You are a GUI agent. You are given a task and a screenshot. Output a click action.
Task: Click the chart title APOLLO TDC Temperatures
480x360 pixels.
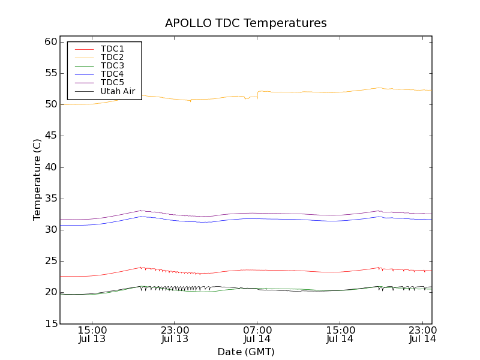tap(246, 23)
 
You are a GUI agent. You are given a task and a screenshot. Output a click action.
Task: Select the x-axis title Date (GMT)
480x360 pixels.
tap(246, 352)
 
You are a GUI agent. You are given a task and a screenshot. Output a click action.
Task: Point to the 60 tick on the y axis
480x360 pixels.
tap(50, 42)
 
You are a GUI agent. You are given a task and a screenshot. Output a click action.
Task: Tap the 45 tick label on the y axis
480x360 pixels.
tap(50, 136)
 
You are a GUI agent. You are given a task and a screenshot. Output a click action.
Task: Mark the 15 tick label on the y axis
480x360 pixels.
tap(50, 323)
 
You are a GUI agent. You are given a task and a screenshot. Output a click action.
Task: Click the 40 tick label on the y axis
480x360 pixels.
tap(50, 167)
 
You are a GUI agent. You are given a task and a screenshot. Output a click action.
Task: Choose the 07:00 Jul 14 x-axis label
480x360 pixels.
tap(257, 335)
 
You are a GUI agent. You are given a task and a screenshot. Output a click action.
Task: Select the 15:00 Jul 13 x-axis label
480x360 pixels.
tap(92, 335)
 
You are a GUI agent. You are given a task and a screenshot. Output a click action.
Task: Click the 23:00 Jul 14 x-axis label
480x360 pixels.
tap(423, 335)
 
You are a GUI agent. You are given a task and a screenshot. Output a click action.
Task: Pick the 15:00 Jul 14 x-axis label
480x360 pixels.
tap(340, 335)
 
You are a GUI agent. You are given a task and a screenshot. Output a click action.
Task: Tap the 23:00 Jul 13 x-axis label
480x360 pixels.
tap(175, 335)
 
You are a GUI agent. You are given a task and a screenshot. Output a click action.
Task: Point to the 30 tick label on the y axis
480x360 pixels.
tap(50, 230)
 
